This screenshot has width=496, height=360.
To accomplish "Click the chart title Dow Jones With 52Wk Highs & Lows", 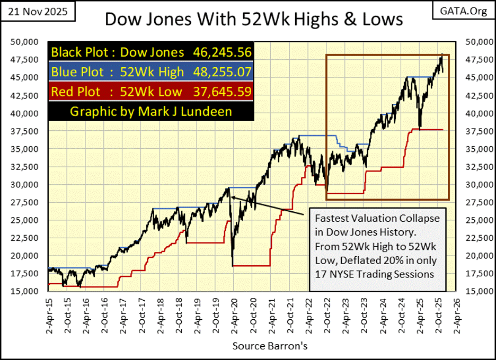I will [x=254, y=19].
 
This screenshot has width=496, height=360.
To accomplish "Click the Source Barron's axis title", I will [x=259, y=346].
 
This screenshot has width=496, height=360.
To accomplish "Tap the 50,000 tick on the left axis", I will [x=24, y=42].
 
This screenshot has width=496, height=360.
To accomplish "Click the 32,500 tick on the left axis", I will [x=24, y=167].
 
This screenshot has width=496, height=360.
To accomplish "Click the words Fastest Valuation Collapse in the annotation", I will [x=377, y=218].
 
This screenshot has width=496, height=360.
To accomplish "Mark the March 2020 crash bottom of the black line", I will [x=233, y=265].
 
